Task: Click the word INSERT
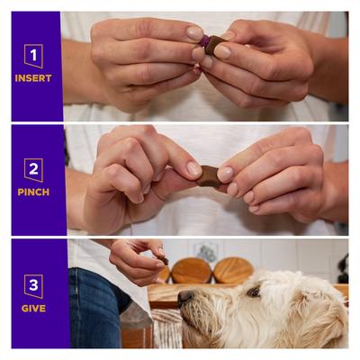pos(33,78)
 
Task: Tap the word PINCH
pos(33,192)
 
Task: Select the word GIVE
pos(33,307)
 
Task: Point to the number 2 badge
pos(33,169)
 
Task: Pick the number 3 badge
pos(33,285)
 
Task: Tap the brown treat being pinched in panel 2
pos(209,175)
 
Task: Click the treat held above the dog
pos(164,260)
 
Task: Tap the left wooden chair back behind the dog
pos(192,270)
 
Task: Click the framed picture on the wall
pos(208,252)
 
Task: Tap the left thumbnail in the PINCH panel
pos(193,168)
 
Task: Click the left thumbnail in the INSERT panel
pos(194,33)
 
